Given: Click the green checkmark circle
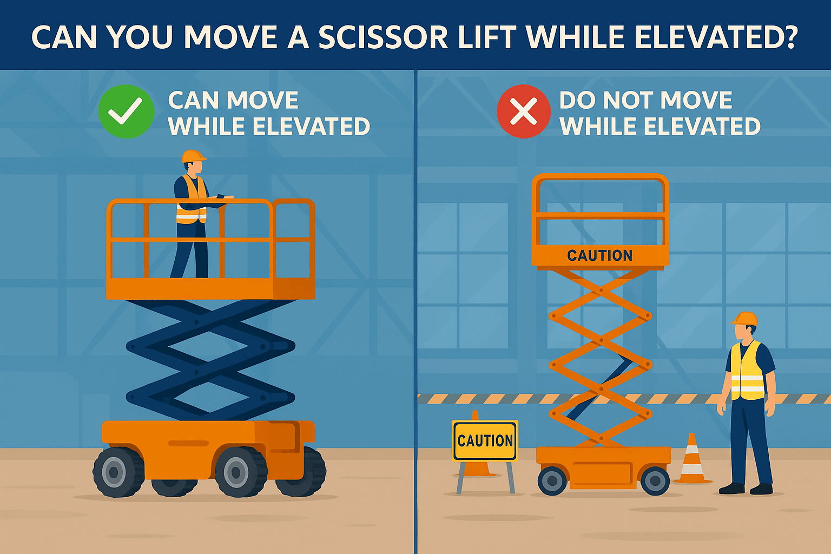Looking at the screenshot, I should (x=126, y=111).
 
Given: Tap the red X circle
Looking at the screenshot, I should (x=523, y=111).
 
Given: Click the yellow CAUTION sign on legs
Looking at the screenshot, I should (x=485, y=440).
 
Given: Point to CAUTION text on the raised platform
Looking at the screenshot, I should (x=599, y=255).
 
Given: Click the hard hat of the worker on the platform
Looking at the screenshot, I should (x=193, y=156).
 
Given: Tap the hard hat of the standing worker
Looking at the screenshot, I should (x=745, y=318).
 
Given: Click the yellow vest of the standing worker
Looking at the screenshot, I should (x=747, y=372).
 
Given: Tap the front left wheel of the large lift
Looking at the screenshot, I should (x=118, y=472).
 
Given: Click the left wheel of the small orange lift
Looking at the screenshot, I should (x=552, y=480).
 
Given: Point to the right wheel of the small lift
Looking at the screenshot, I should (x=655, y=480).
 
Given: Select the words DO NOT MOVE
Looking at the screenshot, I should (x=645, y=101).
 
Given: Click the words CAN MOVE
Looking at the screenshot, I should (x=233, y=101).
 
